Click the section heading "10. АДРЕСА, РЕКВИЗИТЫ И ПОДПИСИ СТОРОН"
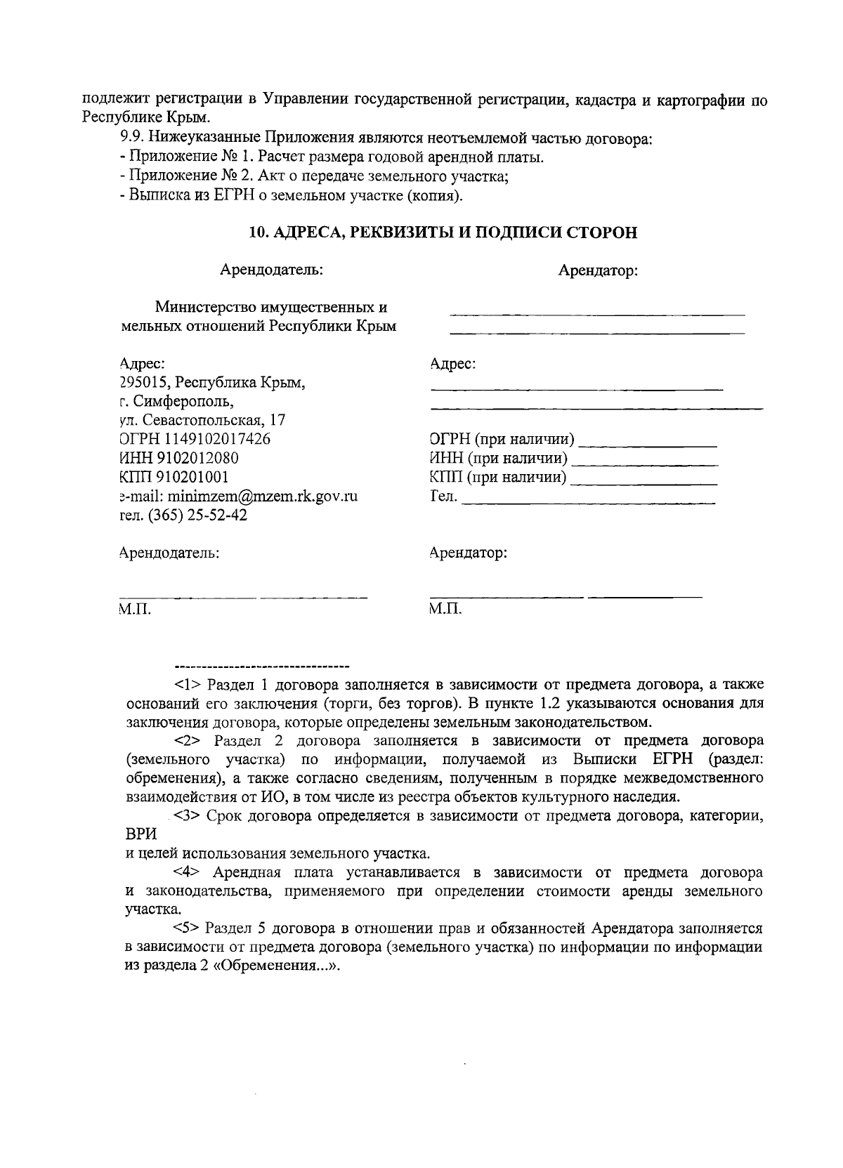coord(444,232)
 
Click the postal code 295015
coord(144,383)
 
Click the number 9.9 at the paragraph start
coord(132,138)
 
